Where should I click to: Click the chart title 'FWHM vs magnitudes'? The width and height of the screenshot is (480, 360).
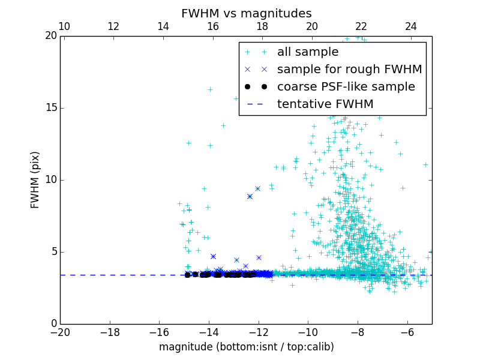246,13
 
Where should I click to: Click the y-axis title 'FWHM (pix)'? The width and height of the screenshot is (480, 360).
35,180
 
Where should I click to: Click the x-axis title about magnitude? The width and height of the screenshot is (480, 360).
246,347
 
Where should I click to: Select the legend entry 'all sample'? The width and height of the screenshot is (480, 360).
308,52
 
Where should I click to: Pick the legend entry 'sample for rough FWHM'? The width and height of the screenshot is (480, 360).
349,69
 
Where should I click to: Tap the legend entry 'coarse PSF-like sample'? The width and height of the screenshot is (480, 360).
346,86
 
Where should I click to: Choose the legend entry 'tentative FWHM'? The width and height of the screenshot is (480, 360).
325,104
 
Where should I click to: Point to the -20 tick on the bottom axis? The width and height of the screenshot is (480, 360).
60,332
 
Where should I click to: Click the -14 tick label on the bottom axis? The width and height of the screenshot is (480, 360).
209,332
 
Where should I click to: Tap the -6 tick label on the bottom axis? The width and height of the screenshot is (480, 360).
407,332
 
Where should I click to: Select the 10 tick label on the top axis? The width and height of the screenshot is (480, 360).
64,26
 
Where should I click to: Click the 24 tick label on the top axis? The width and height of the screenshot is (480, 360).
411,26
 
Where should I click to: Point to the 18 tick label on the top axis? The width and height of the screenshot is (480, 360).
262,26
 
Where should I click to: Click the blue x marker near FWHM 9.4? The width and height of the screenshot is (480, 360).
257,188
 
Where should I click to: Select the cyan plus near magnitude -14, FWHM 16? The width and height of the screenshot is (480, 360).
210,89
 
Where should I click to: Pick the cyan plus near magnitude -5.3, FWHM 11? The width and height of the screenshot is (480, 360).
425,164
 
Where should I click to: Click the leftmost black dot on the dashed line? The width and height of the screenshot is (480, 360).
187,275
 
